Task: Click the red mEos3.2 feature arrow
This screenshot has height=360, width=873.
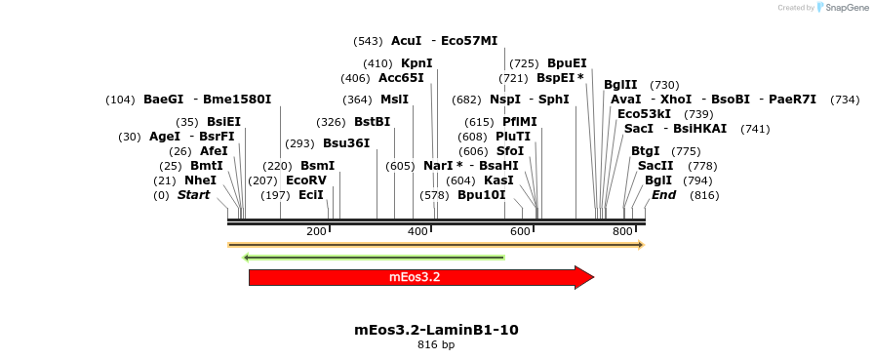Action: (419, 277)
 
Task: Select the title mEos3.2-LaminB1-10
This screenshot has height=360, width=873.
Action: (436, 330)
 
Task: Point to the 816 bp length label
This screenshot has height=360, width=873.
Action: (436, 344)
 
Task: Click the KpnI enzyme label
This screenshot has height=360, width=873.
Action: (417, 63)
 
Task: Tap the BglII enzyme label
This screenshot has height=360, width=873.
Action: (620, 85)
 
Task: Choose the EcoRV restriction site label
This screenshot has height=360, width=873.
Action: (306, 180)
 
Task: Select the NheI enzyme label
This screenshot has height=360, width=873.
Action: (200, 180)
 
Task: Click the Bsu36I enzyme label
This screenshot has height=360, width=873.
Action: (346, 143)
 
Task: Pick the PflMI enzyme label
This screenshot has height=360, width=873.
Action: (520, 122)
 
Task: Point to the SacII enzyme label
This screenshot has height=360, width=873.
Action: (655, 166)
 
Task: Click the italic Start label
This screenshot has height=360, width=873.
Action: (193, 195)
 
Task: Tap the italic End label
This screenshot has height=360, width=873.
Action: (664, 195)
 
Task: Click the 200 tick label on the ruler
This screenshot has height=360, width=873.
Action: (316, 231)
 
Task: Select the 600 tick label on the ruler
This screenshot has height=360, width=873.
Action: (520, 231)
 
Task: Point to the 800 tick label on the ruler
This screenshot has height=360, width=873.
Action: (622, 231)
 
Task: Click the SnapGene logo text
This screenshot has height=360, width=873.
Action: (844, 8)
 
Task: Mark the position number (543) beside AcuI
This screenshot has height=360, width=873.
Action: (368, 41)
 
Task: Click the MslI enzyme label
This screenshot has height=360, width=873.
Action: (394, 100)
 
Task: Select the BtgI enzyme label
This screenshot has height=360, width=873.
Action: (645, 151)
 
